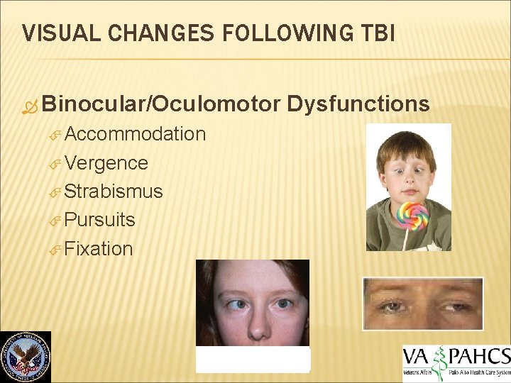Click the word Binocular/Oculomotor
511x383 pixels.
pyautogui.click(x=161, y=104)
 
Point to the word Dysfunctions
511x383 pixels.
pyautogui.click(x=358, y=104)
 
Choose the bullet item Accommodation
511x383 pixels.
pyautogui.click(x=135, y=134)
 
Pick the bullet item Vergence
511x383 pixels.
pyautogui.click(x=106, y=163)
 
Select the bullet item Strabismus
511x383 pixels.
pyautogui.click(x=114, y=191)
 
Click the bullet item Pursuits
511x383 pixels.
pyautogui.click(x=100, y=220)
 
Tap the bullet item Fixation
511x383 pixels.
pyautogui.click(x=99, y=249)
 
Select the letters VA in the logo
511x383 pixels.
pyautogui.click(x=419, y=356)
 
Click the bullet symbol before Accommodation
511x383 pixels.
pyautogui.click(x=57, y=135)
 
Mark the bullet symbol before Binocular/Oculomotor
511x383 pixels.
pyautogui.click(x=30, y=106)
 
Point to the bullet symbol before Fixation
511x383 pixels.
pyautogui.click(x=57, y=250)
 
